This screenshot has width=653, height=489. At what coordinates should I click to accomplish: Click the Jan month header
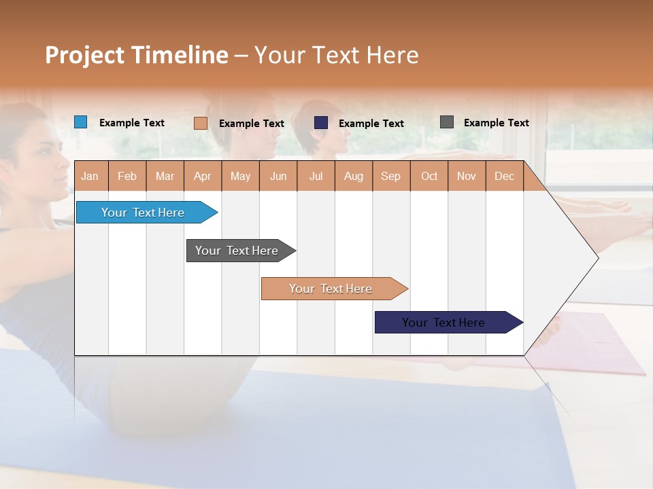click(x=90, y=176)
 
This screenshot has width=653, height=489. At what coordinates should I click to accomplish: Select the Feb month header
click(x=127, y=176)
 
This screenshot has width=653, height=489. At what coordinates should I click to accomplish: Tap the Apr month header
click(x=203, y=176)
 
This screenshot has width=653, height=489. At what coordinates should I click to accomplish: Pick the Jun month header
click(x=278, y=176)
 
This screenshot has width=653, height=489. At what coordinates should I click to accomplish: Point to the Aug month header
click(x=354, y=176)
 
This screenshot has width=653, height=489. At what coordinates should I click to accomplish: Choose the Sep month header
click(x=391, y=176)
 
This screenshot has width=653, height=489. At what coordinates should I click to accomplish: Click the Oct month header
click(x=429, y=176)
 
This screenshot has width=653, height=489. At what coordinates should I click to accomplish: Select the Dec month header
click(x=505, y=176)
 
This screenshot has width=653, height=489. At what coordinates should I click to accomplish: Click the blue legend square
click(x=81, y=122)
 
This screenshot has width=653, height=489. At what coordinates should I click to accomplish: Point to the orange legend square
click(x=201, y=123)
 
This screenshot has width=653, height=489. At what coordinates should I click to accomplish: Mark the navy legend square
click(x=321, y=123)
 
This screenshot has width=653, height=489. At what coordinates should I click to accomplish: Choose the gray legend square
click(x=447, y=122)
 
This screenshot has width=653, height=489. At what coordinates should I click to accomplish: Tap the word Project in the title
click(x=85, y=55)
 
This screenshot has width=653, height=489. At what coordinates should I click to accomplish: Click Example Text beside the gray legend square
click(x=496, y=122)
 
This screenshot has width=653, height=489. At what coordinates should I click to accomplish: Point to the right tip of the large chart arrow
click(x=597, y=257)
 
